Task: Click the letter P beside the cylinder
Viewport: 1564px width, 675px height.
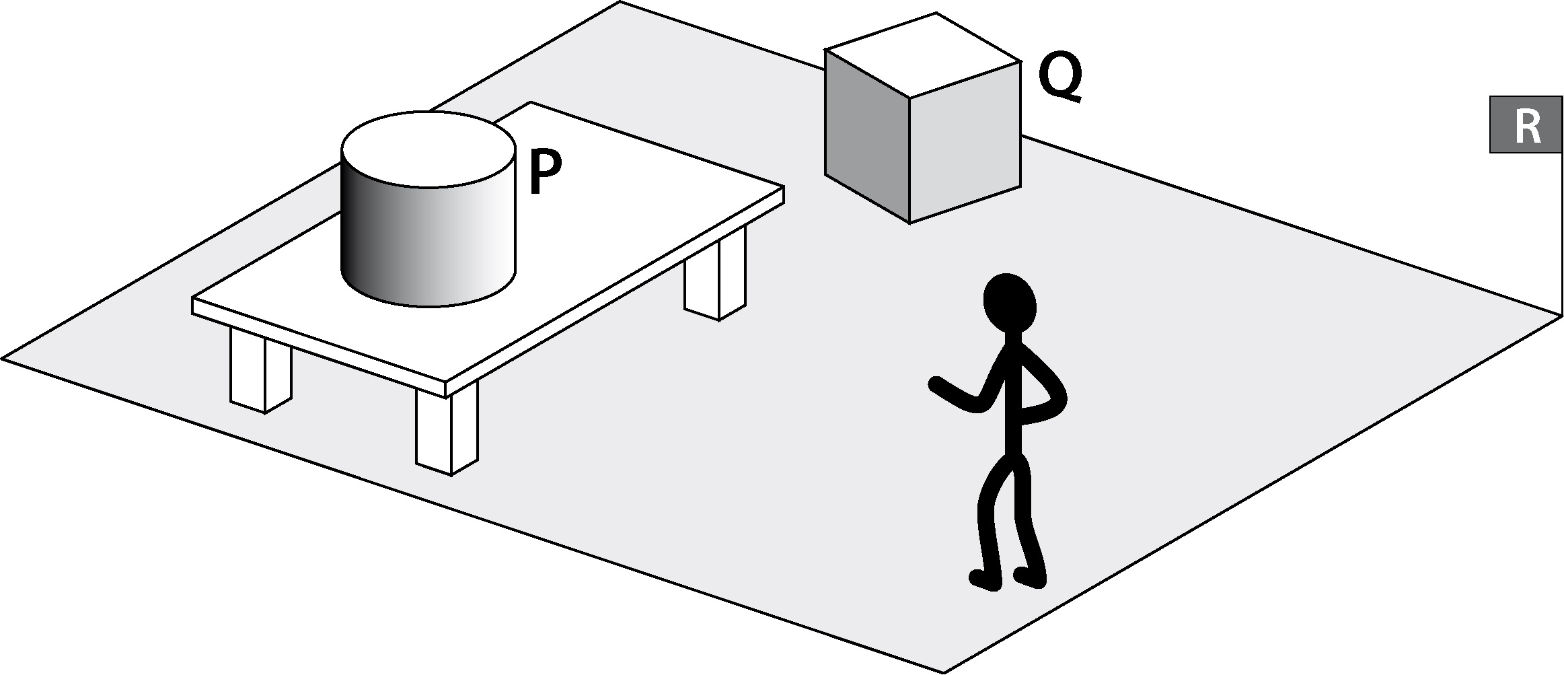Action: [545, 172]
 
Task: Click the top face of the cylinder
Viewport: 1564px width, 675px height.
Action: [429, 149]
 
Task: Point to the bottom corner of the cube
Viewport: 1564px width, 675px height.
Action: [909, 222]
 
